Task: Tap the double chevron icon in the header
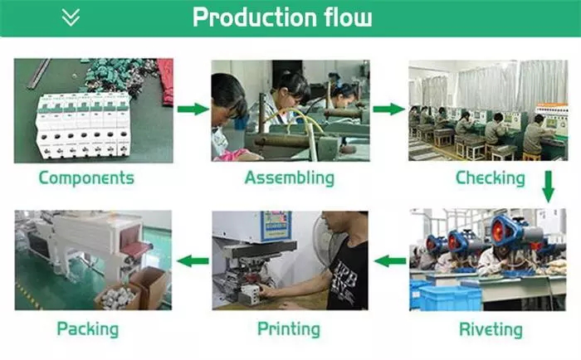pos(71,17)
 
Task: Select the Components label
pos(86,178)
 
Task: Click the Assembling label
pos(290,178)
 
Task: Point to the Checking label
pos(491,178)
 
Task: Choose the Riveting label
pos(491,329)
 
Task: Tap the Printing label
pos(289,329)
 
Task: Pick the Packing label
pos(88,329)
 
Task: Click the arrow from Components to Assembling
pos(193,109)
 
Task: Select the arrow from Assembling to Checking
pos(388,109)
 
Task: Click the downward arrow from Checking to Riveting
pos(548,186)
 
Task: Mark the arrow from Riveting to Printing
pos(388,261)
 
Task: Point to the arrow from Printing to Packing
pos(194,261)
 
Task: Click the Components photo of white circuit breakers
pos(94,109)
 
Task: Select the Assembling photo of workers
pos(290,109)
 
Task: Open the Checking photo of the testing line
pos(488,109)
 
